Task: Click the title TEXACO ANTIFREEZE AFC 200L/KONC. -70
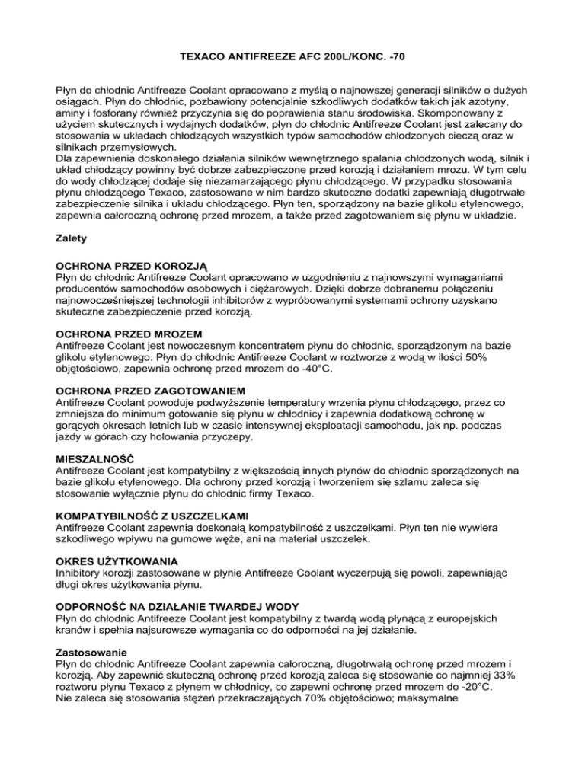(292, 56)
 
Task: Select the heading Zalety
(73, 238)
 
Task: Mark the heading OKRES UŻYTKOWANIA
(115, 560)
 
